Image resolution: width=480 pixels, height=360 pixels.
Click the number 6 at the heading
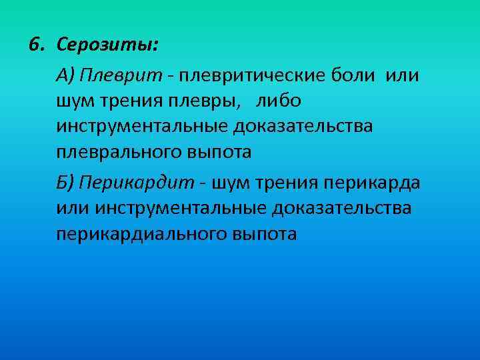[x=34, y=45]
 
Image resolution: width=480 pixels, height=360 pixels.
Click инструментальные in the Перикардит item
[x=180, y=208]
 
